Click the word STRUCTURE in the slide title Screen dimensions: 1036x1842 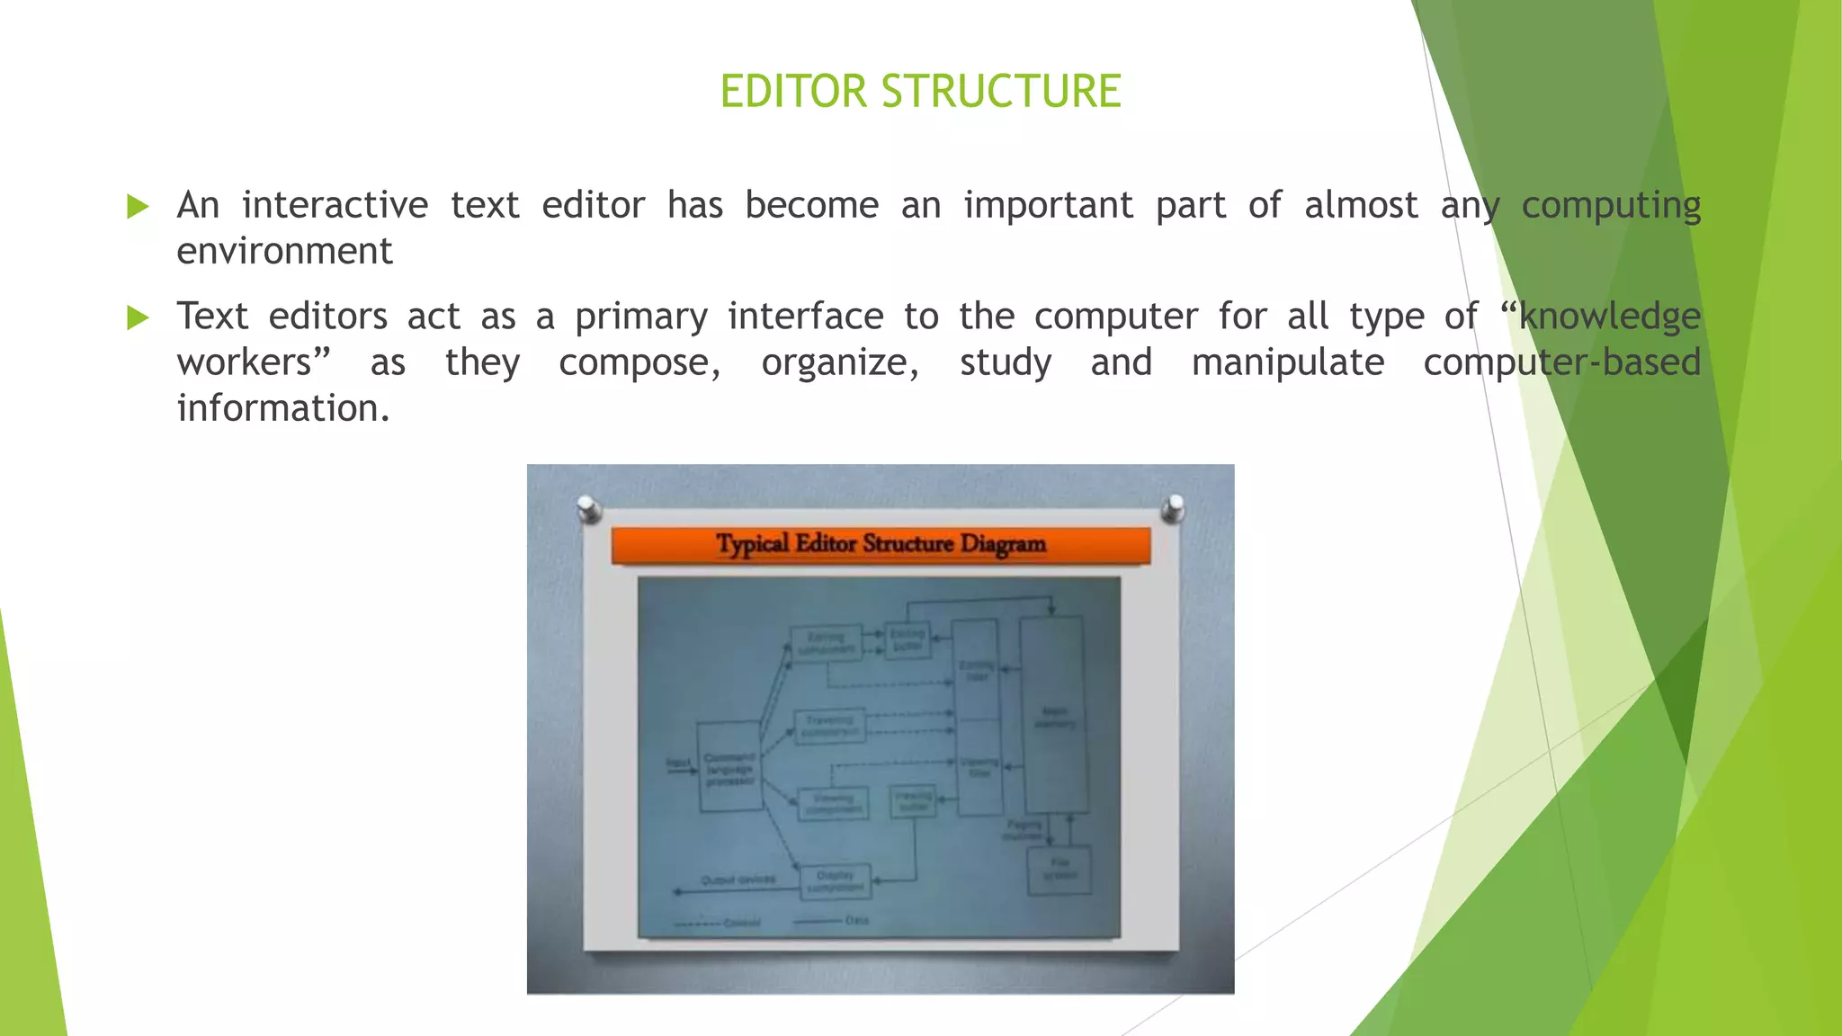(x=1000, y=92)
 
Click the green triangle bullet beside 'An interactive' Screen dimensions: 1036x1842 (x=138, y=207)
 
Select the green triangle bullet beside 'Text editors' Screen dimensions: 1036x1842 (x=138, y=317)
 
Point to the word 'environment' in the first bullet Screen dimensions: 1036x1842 (x=284, y=252)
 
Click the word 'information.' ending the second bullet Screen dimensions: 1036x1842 (x=283, y=409)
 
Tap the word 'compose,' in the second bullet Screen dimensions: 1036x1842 (x=639, y=363)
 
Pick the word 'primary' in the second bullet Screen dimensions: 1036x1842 (x=641, y=317)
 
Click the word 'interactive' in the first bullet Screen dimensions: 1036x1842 (x=335, y=206)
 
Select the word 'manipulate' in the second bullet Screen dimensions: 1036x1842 (x=1288, y=363)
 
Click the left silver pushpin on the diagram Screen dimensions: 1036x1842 (x=589, y=508)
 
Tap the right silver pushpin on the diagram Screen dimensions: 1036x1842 (x=1173, y=508)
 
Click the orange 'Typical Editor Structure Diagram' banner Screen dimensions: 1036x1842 (x=881, y=545)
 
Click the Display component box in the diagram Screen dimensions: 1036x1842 (x=835, y=880)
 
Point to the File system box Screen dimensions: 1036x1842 (x=1060, y=870)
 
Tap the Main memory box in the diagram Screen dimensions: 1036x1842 (x=1053, y=715)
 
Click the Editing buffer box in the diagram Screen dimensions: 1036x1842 (x=907, y=639)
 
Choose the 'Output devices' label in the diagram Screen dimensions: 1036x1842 (x=738, y=880)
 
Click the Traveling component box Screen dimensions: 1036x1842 (x=829, y=725)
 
